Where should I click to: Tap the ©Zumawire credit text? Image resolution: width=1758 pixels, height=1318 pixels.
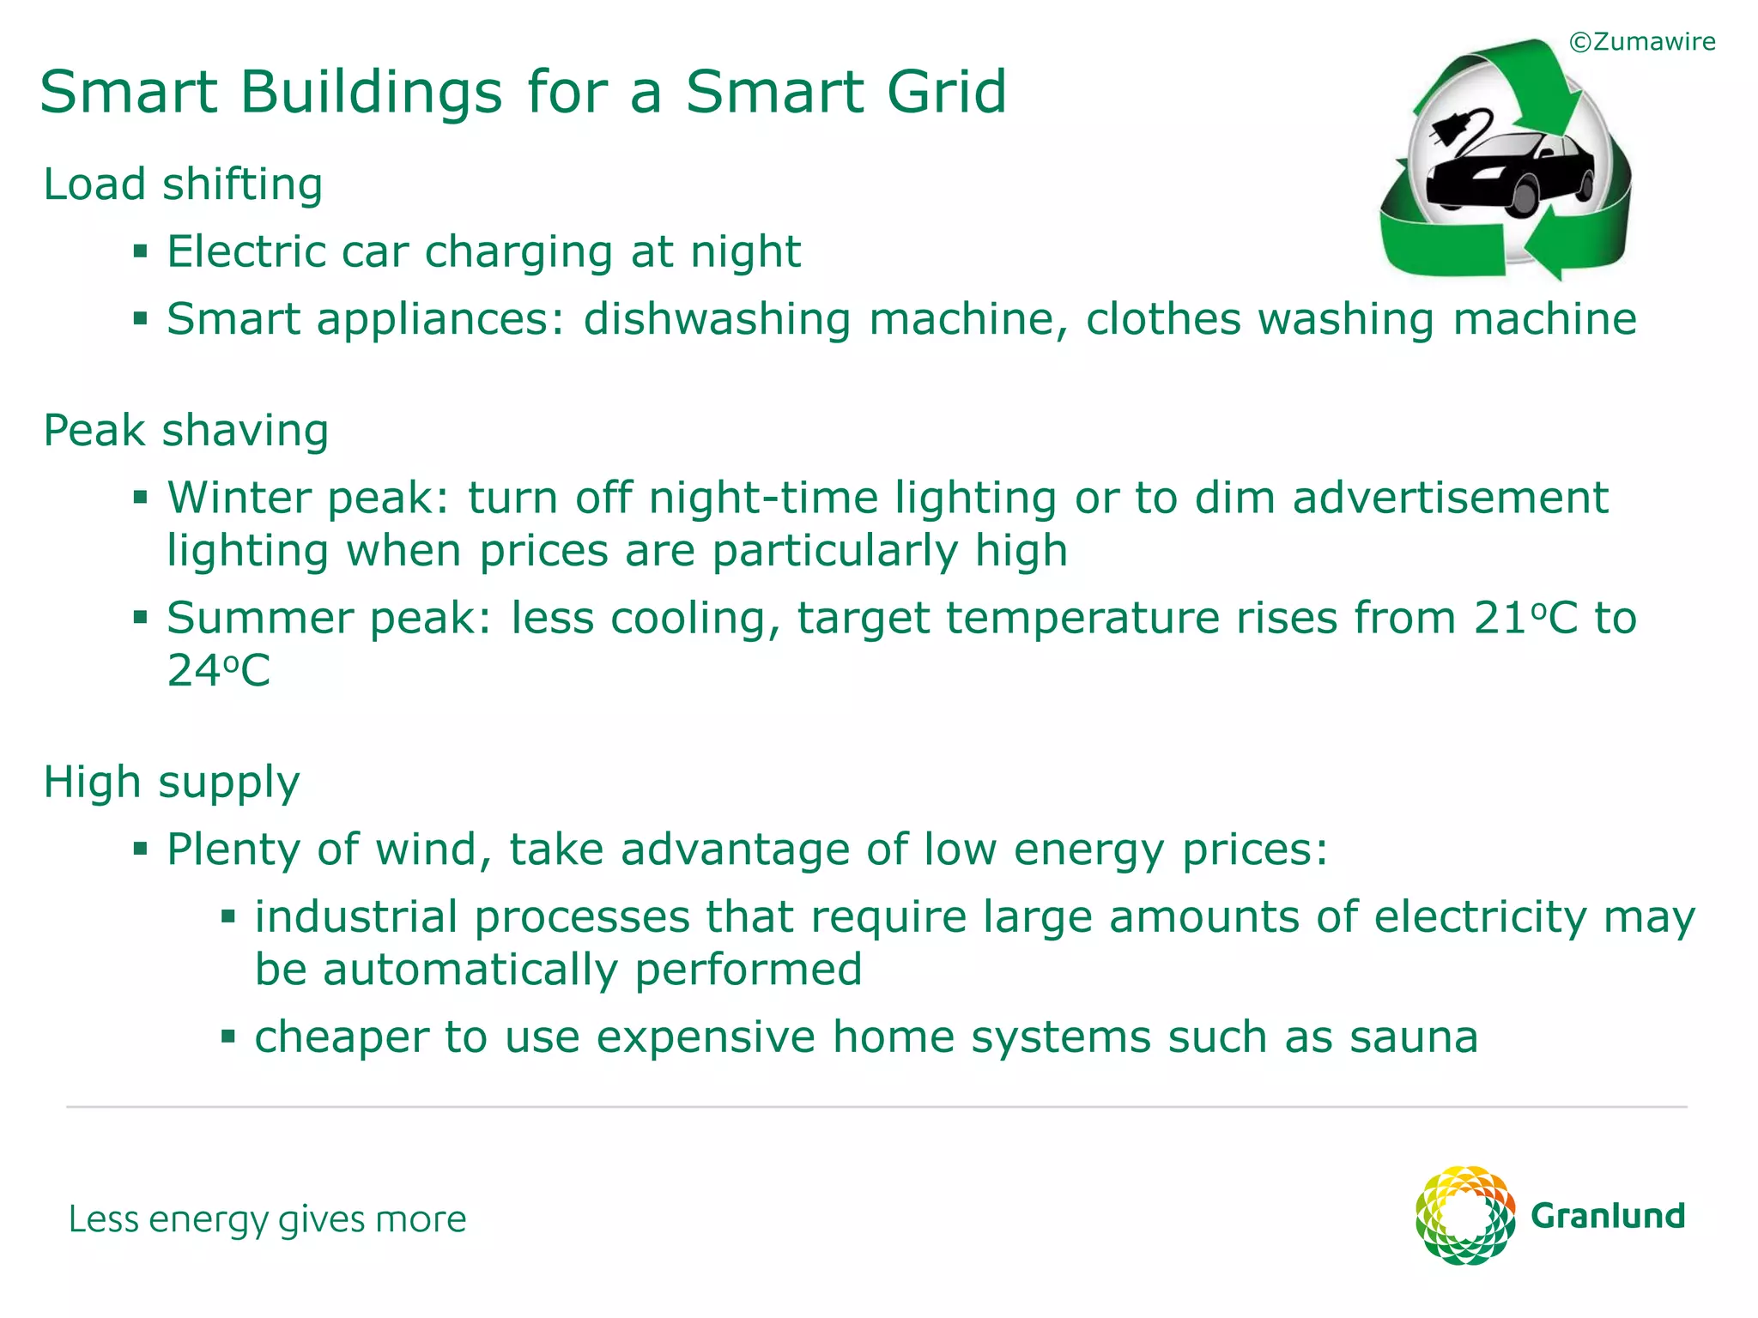(x=1641, y=42)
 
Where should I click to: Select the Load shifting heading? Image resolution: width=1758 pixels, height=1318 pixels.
(x=183, y=184)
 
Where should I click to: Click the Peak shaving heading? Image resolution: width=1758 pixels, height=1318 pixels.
(x=185, y=431)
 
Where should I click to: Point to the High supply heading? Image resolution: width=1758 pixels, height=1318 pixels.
(x=171, y=783)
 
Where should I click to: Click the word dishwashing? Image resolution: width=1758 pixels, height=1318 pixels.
(x=717, y=319)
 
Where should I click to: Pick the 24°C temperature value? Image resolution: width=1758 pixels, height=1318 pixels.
(x=218, y=671)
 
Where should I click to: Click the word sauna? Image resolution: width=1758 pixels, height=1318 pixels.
(x=1414, y=1037)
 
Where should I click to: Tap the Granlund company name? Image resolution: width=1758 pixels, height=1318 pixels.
(x=1608, y=1217)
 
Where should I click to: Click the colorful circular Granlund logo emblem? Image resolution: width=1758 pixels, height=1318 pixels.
(x=1464, y=1215)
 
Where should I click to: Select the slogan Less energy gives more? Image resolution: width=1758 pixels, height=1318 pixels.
(x=267, y=1219)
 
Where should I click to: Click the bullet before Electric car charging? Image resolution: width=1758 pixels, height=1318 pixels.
(x=141, y=252)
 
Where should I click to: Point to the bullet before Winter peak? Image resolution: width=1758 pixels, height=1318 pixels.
(x=141, y=498)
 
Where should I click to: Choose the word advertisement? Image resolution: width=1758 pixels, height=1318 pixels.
(x=1450, y=498)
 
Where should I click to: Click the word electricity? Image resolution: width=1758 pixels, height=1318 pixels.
(x=1480, y=916)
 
